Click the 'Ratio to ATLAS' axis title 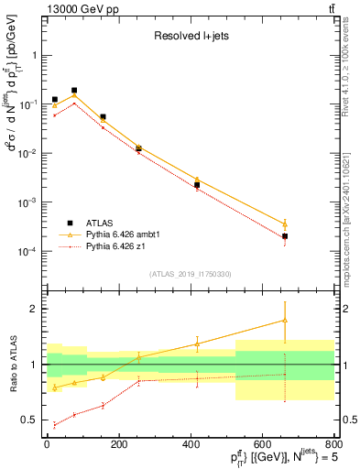11,365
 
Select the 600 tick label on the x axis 262,444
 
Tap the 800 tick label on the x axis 332,444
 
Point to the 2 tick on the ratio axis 35,309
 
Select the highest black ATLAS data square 74,91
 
